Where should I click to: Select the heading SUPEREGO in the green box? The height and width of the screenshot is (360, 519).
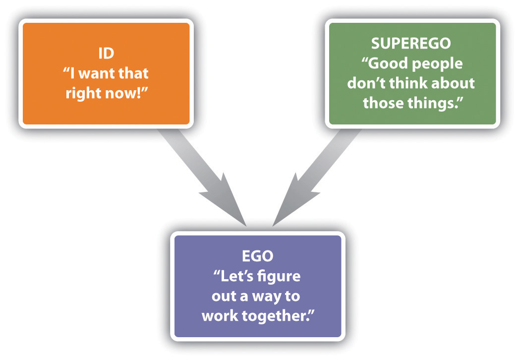point(411,43)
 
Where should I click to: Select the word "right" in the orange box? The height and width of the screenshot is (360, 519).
point(85,92)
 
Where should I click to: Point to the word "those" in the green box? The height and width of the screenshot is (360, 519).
point(386,102)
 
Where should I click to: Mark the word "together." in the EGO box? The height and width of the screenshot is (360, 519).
point(279,315)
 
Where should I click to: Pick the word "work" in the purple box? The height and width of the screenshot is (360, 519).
point(221,315)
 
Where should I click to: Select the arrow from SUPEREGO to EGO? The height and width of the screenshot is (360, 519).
point(318,174)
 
